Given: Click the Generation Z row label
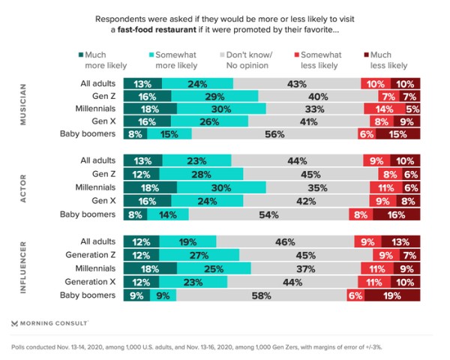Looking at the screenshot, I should click(x=91, y=255).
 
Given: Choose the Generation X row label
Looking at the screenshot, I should click(x=91, y=282).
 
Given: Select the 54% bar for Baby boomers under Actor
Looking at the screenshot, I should click(x=268, y=214).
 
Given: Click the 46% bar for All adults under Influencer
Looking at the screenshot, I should click(x=285, y=241).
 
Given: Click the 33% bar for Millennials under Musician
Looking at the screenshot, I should click(x=314, y=109).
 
